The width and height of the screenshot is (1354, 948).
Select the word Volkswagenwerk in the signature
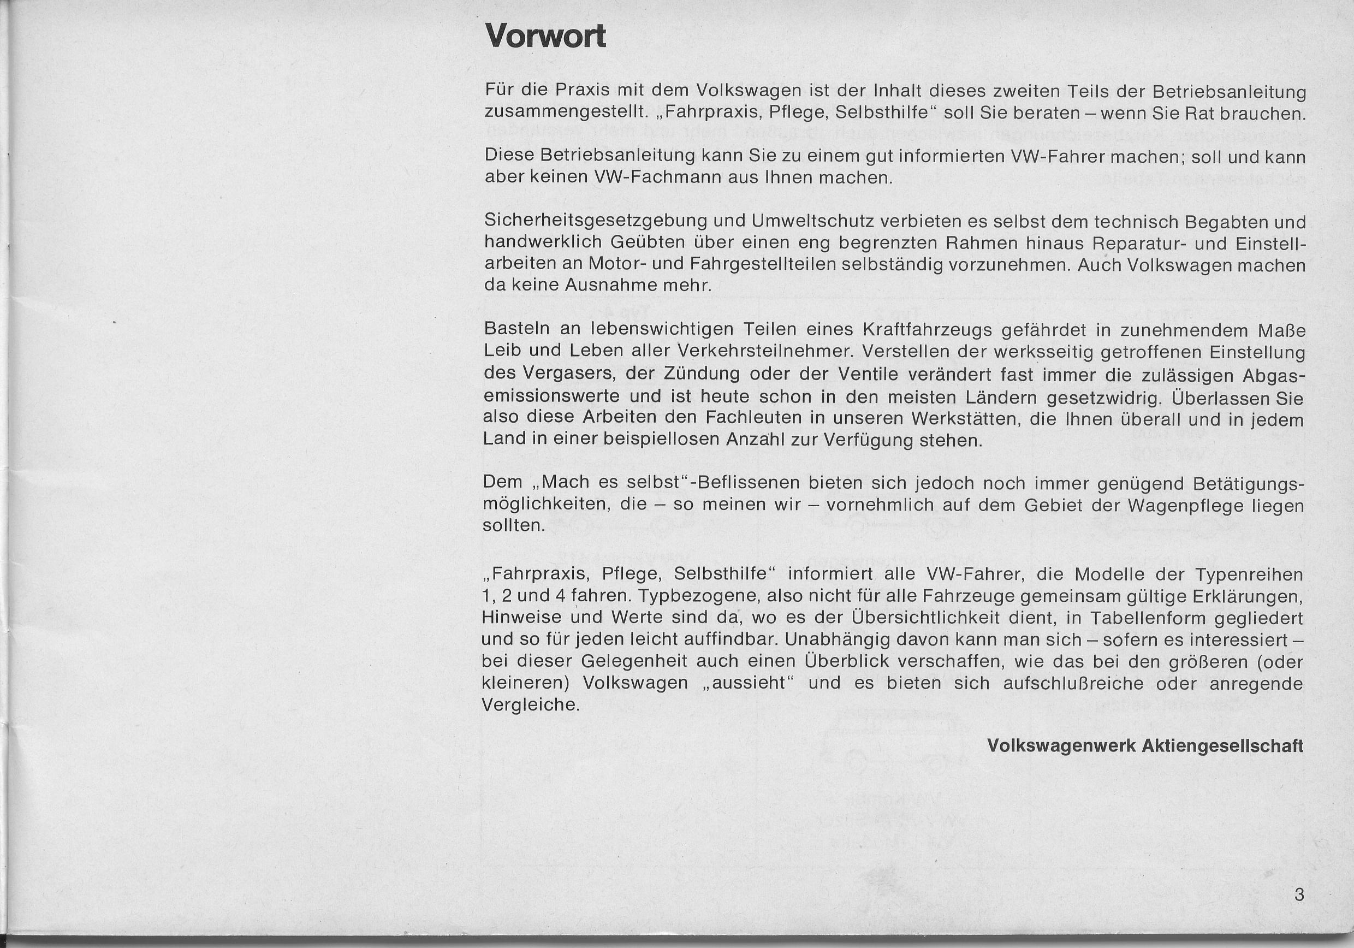click(x=1061, y=745)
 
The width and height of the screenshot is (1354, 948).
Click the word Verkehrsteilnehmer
click(x=765, y=352)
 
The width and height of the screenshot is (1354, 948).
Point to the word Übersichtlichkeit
click(x=925, y=618)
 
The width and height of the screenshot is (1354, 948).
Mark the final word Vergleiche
click(x=531, y=706)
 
